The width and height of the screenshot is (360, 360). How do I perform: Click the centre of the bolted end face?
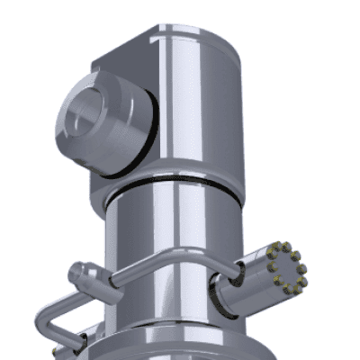[x=287, y=267]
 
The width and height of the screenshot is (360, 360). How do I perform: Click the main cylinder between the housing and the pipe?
[x=171, y=225]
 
